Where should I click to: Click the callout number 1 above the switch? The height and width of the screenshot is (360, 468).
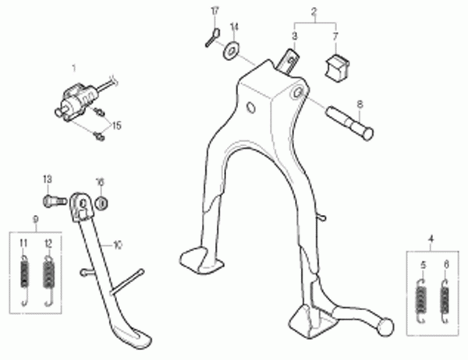coord(74,69)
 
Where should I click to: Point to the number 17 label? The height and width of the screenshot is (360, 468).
coord(215,12)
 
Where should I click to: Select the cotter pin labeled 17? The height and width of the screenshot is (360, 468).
coord(212,37)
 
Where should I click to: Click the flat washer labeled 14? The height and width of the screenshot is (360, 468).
coord(231,50)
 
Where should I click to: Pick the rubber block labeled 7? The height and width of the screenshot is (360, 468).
coord(337,67)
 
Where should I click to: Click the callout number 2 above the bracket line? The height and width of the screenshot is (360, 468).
coord(314,12)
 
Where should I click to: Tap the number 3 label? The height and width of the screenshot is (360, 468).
coord(295,37)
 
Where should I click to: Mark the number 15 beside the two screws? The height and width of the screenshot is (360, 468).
coord(117,125)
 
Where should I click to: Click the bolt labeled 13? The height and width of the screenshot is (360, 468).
coord(55,200)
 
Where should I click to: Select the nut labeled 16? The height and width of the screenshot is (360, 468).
coord(101,203)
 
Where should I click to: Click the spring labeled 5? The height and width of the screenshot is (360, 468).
coord(421,301)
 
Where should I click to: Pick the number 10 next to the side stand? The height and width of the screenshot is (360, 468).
coord(118,245)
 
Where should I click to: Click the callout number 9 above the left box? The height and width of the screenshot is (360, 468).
coord(36,220)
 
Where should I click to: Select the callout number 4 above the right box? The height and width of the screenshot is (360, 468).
coord(431,239)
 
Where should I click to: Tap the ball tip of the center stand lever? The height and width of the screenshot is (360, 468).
coord(385,327)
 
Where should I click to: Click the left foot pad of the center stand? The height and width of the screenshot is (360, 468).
coord(201,260)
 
